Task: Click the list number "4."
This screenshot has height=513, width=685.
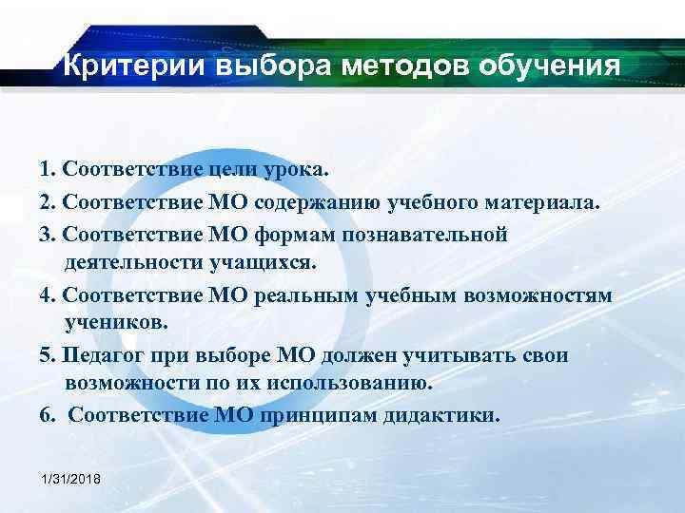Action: pyautogui.click(x=49, y=294)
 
